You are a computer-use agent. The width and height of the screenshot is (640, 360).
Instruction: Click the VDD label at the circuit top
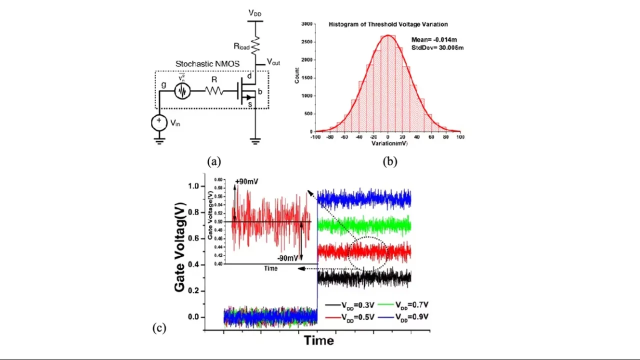(254, 13)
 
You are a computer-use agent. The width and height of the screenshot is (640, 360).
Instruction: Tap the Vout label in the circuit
(273, 62)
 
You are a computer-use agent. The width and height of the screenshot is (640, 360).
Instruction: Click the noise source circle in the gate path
(182, 91)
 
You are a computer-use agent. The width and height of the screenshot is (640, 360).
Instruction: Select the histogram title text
(388, 24)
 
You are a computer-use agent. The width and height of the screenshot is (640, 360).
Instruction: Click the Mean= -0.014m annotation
(432, 39)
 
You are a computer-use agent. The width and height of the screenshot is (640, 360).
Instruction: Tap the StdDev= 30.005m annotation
(434, 47)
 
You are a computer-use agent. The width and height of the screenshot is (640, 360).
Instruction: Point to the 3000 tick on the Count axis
(307, 23)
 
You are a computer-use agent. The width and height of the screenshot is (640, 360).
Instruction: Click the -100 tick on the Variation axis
(315, 137)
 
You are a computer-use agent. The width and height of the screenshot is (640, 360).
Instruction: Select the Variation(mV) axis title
(389, 143)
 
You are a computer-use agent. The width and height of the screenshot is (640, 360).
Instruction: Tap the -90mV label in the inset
(287, 258)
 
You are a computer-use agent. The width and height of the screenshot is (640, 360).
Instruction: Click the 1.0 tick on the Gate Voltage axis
(192, 186)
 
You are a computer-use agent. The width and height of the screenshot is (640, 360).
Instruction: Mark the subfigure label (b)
(390, 161)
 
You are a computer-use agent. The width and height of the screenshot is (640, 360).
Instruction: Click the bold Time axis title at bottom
(318, 340)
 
